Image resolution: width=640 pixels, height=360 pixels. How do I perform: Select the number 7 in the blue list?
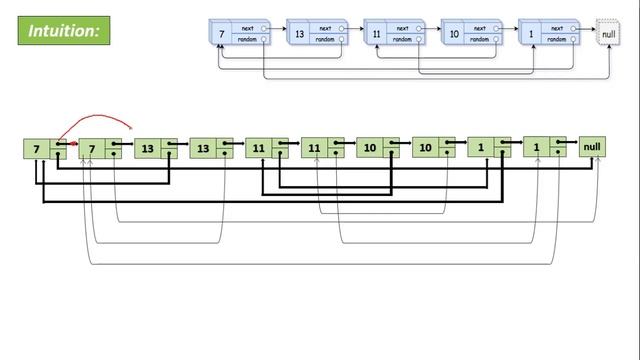tap(221, 34)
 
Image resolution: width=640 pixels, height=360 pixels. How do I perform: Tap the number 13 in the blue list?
tap(299, 34)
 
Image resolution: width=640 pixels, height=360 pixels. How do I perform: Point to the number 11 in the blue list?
tap(376, 34)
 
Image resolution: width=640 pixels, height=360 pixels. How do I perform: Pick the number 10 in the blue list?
tap(454, 34)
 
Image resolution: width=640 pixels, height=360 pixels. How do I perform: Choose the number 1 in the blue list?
tap(531, 34)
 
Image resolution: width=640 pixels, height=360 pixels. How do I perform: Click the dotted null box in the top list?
tap(606, 34)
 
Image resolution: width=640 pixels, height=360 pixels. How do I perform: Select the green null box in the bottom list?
tap(593, 148)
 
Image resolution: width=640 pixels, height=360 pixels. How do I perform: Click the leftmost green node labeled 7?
tap(37, 149)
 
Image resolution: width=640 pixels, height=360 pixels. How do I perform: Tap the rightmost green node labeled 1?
tap(537, 149)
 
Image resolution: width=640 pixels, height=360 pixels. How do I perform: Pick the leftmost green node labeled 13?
tap(148, 149)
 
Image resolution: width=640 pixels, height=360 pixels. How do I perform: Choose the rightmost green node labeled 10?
tap(426, 149)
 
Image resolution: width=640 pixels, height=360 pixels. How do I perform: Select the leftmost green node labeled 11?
tap(259, 149)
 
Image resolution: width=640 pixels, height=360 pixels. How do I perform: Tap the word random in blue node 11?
tap(402, 40)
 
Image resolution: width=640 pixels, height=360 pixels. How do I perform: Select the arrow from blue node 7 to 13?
tap(277, 29)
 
